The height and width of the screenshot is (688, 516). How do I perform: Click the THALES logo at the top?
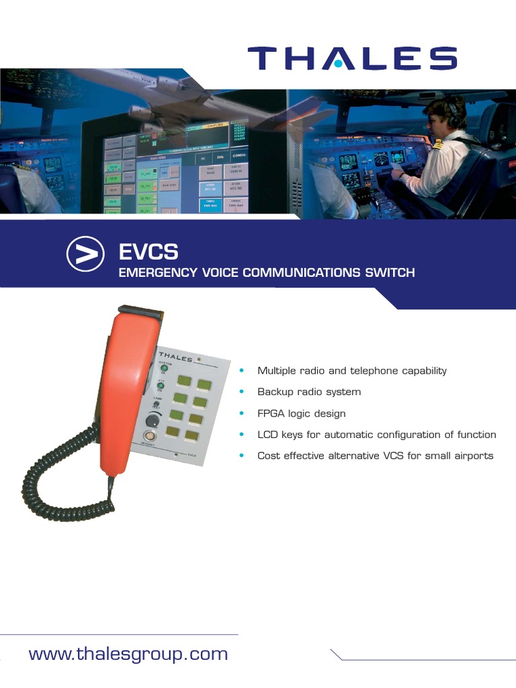[352, 58]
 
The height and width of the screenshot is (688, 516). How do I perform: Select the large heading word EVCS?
[148, 253]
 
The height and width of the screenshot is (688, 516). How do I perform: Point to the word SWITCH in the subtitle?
[389, 273]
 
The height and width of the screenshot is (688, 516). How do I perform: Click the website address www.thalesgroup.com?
[128, 654]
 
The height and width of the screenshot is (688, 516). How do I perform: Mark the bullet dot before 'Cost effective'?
[242, 456]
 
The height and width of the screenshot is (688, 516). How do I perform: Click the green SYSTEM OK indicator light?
[163, 368]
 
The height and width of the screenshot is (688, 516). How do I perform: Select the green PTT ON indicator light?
[161, 386]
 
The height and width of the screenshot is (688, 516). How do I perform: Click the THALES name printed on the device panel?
[176, 356]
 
